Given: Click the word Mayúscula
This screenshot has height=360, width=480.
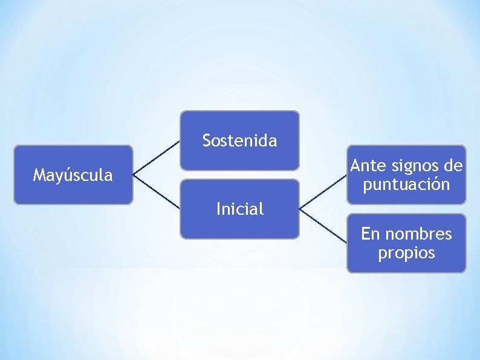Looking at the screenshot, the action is pos(73,175).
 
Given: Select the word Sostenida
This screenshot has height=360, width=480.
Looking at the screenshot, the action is pos(239,141).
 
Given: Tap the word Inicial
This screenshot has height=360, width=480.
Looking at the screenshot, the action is pos(239,209).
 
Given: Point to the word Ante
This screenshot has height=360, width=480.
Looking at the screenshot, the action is pos(367,165).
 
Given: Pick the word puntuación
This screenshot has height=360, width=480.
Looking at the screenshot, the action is pos(406,185).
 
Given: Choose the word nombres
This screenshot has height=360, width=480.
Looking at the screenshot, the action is pos(423,234).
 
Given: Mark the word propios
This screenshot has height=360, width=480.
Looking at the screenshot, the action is pos(406,253).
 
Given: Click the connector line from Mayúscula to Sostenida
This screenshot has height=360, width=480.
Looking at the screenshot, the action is pos(157,158).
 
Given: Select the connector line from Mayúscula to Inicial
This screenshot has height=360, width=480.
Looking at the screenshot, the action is pos(157,192).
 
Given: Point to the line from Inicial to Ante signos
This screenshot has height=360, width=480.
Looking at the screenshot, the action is pos(323,192).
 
